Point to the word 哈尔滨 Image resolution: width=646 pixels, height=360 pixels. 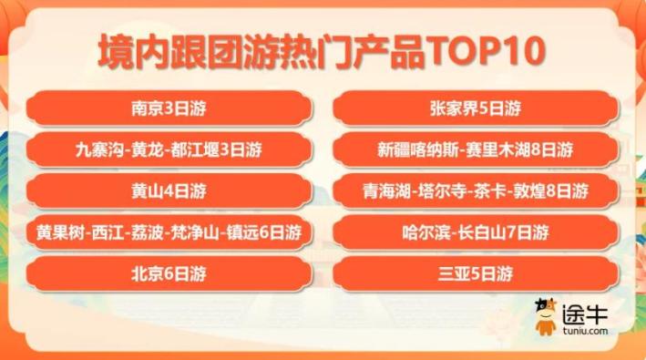422,232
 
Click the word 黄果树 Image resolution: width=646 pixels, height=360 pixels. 57,232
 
